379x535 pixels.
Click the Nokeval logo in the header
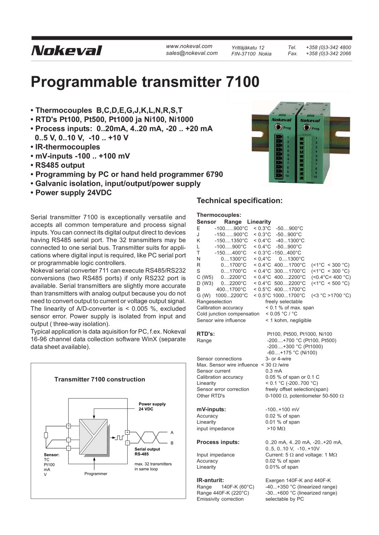tap(67, 51)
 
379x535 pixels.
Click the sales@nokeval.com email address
tap(192, 53)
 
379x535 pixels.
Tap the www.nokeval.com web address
tap(189, 46)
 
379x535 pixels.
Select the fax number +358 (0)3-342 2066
tap(328, 54)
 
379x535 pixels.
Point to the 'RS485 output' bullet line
tap(59, 165)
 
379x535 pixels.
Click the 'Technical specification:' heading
tap(240, 201)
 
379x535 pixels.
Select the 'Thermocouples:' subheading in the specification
tap(219, 215)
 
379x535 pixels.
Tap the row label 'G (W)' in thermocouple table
tap(204, 295)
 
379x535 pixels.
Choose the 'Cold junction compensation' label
tap(228, 314)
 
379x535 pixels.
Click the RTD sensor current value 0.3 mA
tap(274, 371)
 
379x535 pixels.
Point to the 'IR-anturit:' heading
tap(210, 481)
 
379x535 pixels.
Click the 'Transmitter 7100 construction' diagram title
tap(100, 379)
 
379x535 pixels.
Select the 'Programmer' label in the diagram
tap(96, 474)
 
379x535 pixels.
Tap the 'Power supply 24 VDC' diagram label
tap(152, 407)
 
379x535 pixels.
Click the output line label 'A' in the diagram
tap(172, 432)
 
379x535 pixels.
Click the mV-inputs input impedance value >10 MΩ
tap(276, 429)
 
